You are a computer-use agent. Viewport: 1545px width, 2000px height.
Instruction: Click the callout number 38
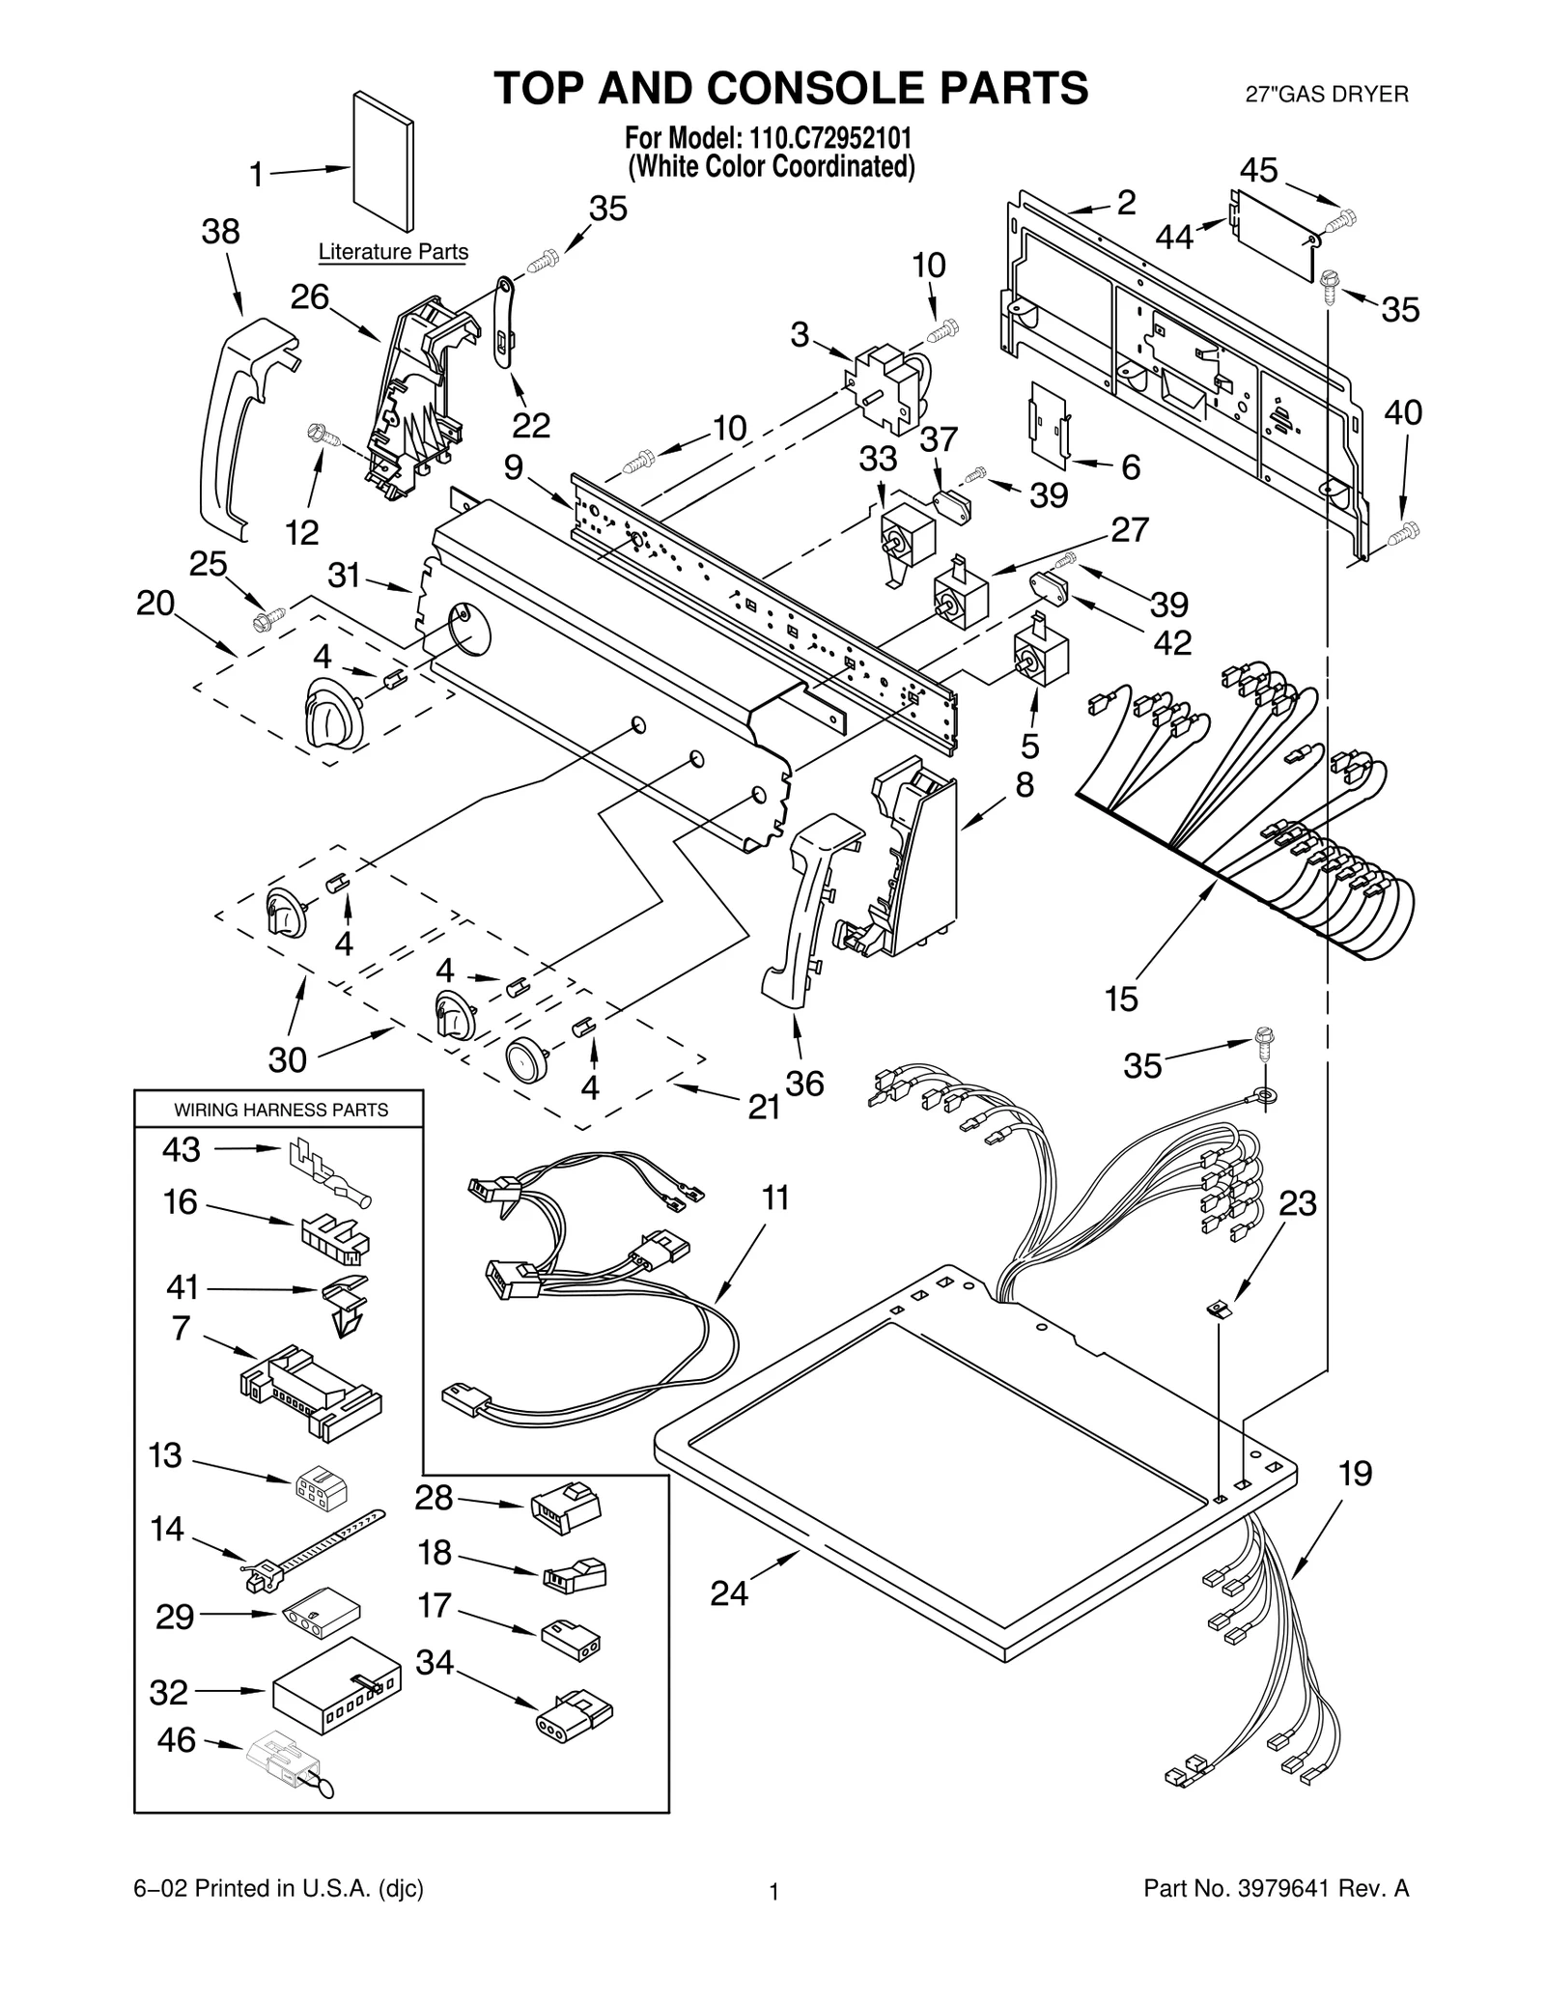(x=220, y=233)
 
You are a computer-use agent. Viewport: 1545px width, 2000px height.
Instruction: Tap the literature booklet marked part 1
(x=383, y=161)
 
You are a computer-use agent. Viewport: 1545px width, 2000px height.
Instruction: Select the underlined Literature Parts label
(x=393, y=252)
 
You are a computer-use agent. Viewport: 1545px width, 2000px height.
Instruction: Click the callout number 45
(x=1259, y=171)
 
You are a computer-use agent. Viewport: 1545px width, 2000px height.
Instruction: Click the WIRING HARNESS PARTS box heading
(x=280, y=1110)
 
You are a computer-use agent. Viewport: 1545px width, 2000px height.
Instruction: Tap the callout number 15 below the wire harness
(x=1122, y=999)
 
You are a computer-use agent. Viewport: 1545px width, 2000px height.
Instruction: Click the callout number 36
(x=804, y=1084)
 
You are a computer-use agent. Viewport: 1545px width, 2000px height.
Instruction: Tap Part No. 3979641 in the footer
(x=1276, y=1915)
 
